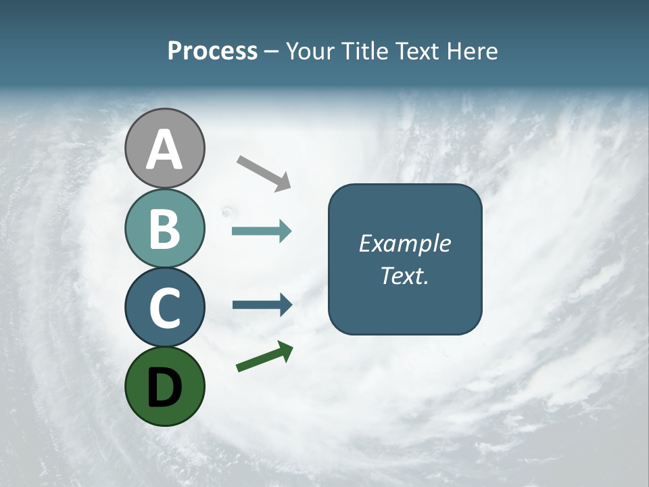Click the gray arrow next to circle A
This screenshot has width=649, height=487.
[264, 172]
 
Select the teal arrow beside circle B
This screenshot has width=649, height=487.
[262, 231]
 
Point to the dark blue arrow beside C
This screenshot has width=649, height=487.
[262, 304]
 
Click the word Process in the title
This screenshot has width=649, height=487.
[212, 51]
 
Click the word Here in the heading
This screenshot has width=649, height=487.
[471, 51]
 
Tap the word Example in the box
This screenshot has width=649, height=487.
[404, 243]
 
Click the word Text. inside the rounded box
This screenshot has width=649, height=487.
[404, 276]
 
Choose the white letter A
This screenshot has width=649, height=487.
[164, 149]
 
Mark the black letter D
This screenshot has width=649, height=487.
[164, 387]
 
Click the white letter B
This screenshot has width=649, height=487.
[164, 229]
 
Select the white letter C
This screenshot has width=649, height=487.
[164, 308]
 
